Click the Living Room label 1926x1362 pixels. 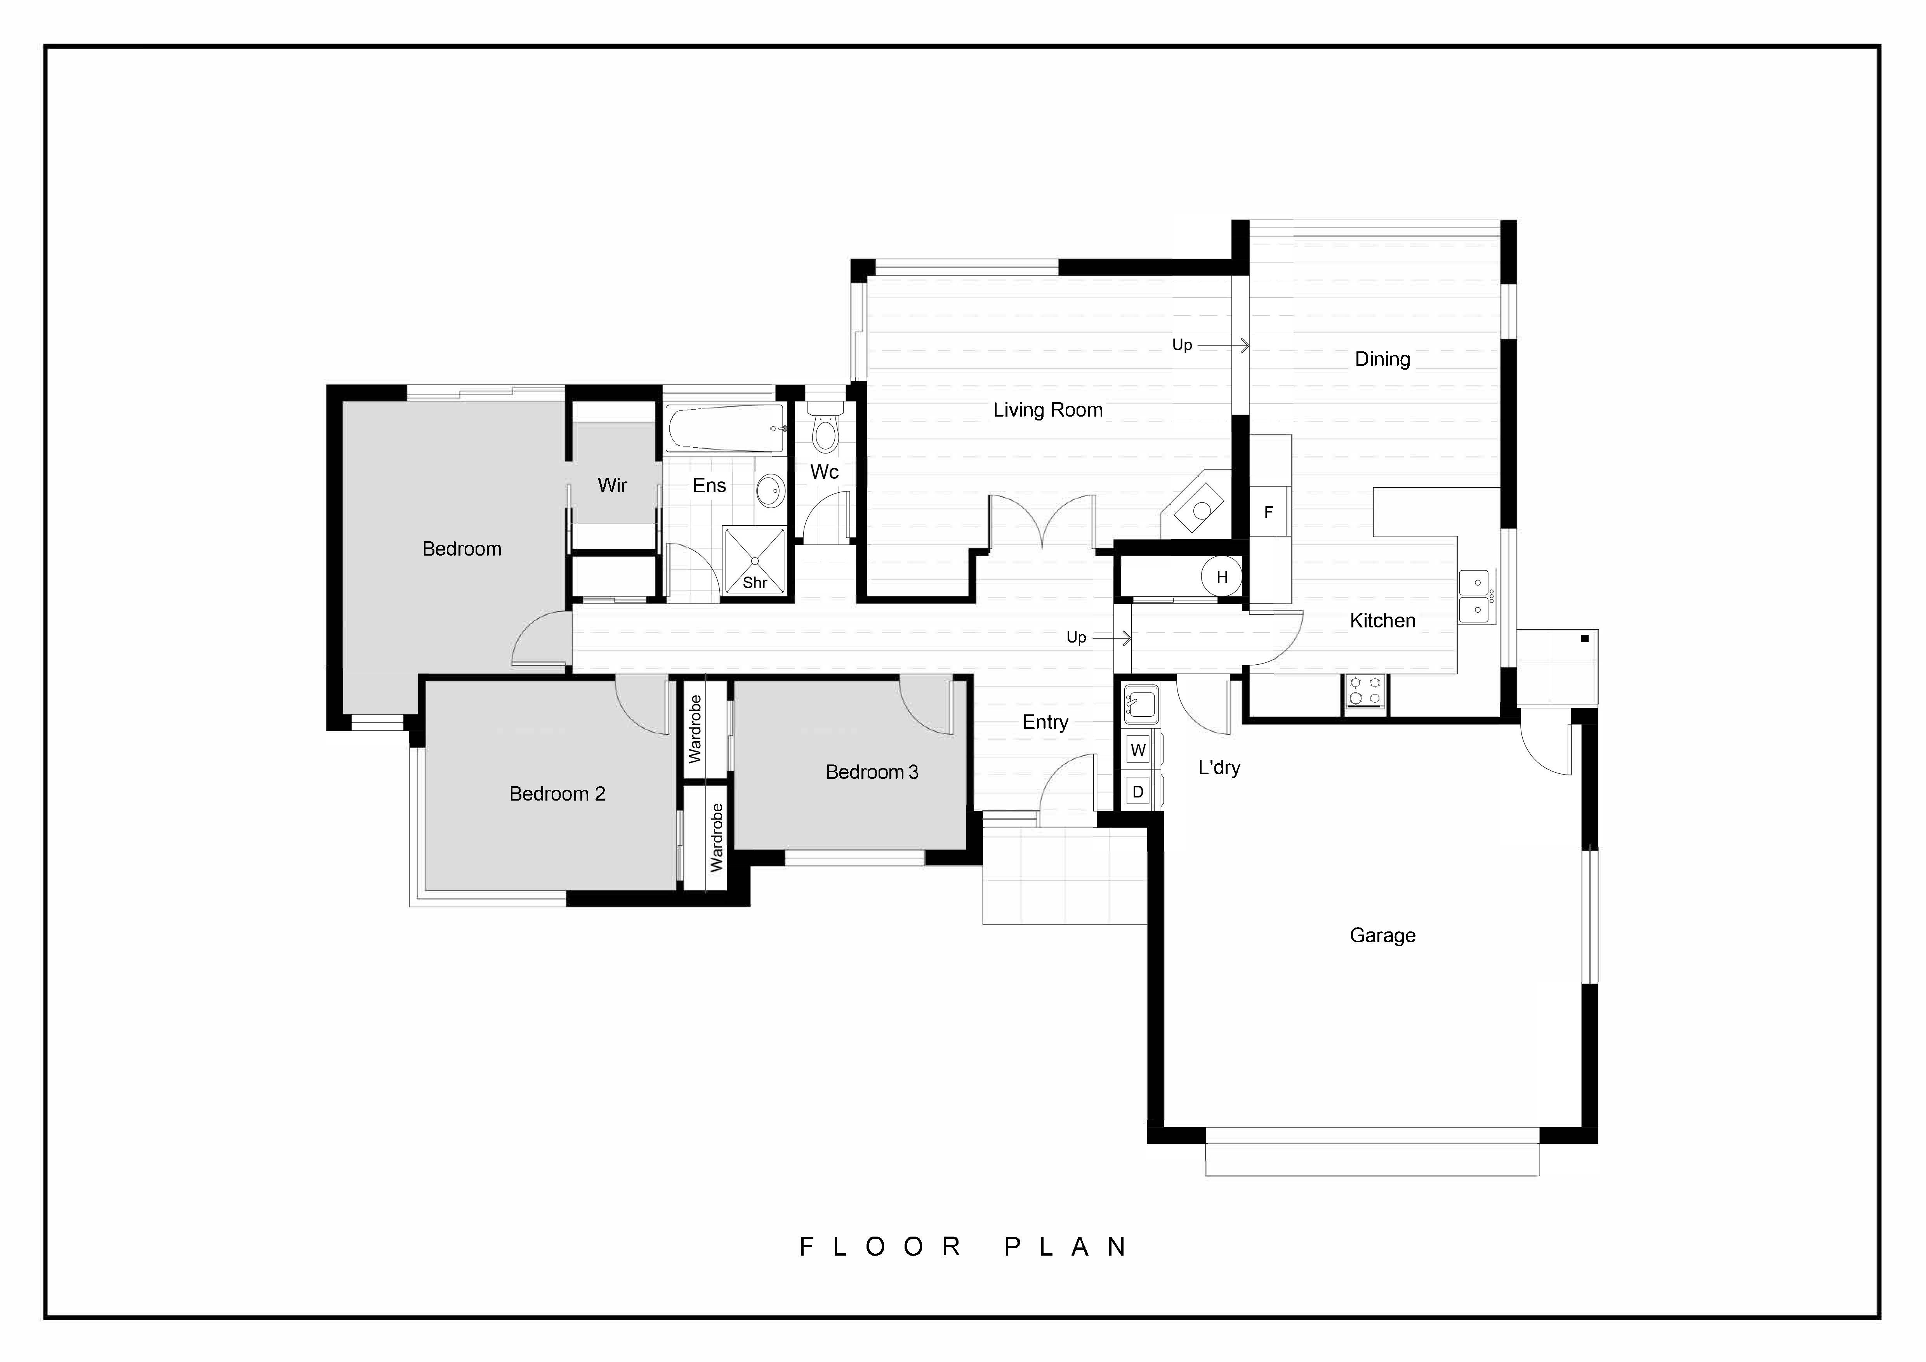click(1048, 410)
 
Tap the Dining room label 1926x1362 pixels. click(1382, 359)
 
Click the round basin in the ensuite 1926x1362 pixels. click(770, 490)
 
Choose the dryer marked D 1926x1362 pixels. click(1138, 792)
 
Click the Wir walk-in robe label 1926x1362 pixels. click(612, 486)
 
